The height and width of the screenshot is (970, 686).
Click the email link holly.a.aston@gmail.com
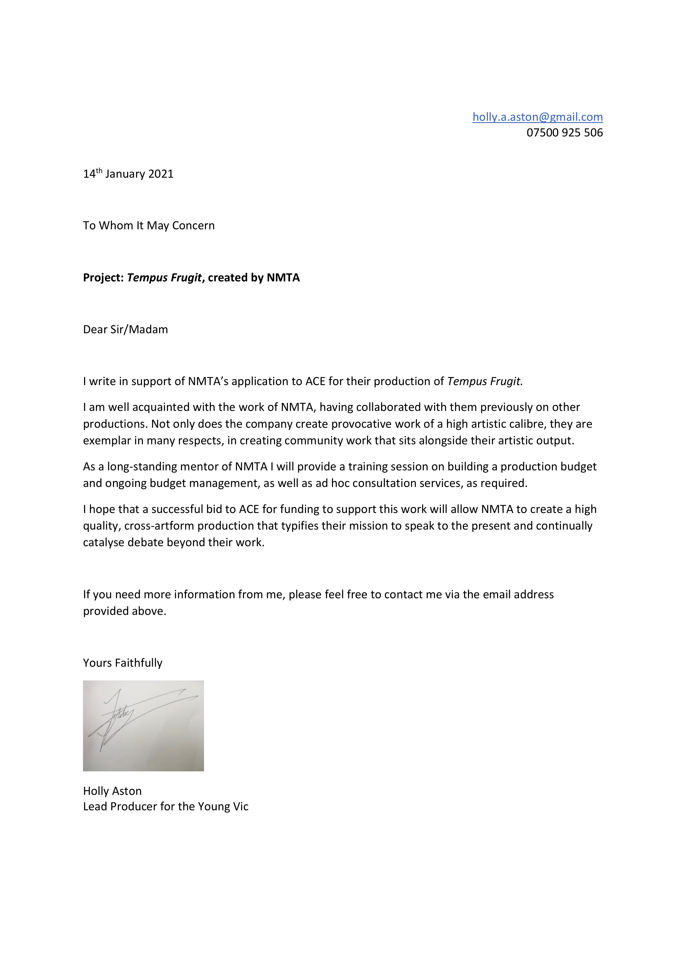coord(537,117)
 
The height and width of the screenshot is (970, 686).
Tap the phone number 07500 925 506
coord(564,133)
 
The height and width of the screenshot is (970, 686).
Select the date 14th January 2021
coord(128,174)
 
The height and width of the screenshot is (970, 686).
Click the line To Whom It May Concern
coord(149,226)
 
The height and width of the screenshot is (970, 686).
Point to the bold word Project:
coord(103,277)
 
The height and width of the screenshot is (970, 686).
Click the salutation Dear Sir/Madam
coord(126,330)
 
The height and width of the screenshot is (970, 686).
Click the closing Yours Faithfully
coord(123,663)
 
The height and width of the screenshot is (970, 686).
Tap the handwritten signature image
coord(143,725)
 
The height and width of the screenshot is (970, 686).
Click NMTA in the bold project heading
coord(283,277)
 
